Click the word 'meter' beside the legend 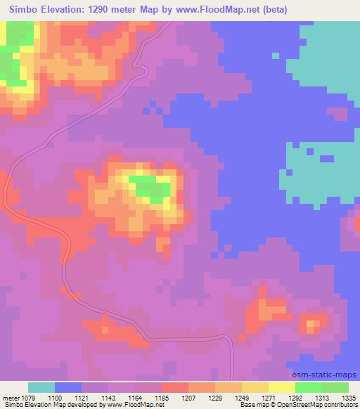[x=11, y=398]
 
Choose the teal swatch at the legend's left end [x=41, y=387]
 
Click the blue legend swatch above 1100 [x=68, y=387]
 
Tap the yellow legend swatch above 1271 [x=255, y=387]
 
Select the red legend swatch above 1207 [x=174, y=387]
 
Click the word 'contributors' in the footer [x=340, y=405]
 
